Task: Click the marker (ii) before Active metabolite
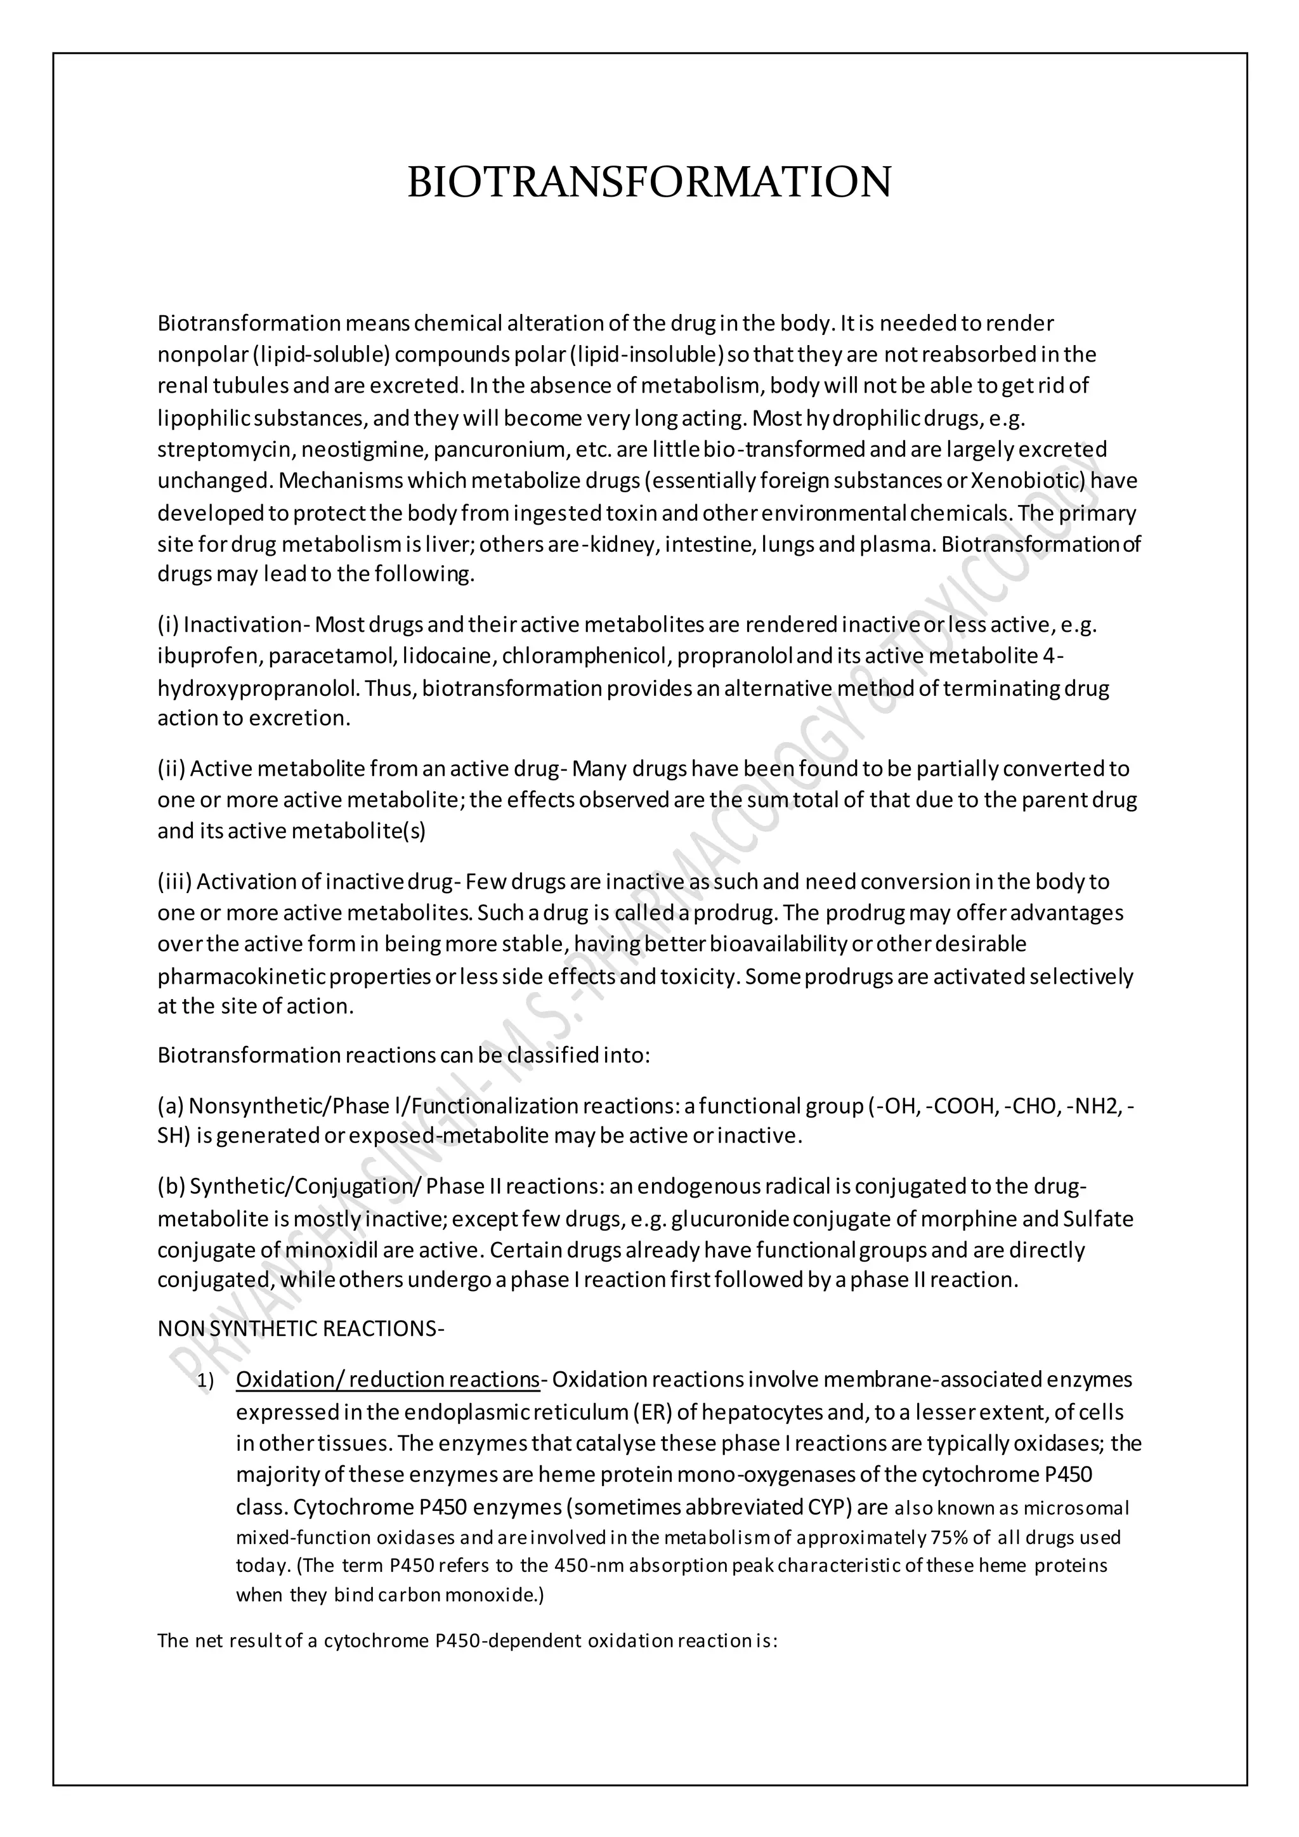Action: [x=171, y=769]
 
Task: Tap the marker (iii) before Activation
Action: [x=174, y=882]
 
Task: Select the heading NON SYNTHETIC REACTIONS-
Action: [x=301, y=1329]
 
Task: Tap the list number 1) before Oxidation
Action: [x=206, y=1381]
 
